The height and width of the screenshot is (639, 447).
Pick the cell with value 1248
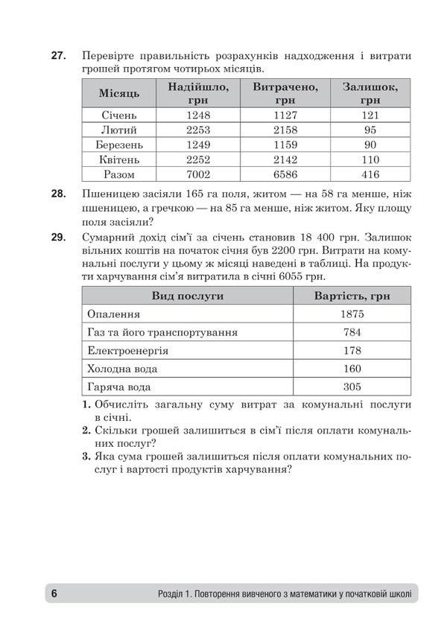point(199,115)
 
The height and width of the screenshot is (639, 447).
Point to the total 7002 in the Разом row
point(199,174)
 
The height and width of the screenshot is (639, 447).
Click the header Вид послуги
point(188,296)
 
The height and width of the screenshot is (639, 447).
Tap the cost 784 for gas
point(351,332)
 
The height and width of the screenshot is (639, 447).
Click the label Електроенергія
point(127,351)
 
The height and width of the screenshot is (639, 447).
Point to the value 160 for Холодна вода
point(351,369)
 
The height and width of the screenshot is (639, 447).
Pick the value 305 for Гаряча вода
point(351,387)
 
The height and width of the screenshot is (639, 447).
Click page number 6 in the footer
point(54,594)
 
